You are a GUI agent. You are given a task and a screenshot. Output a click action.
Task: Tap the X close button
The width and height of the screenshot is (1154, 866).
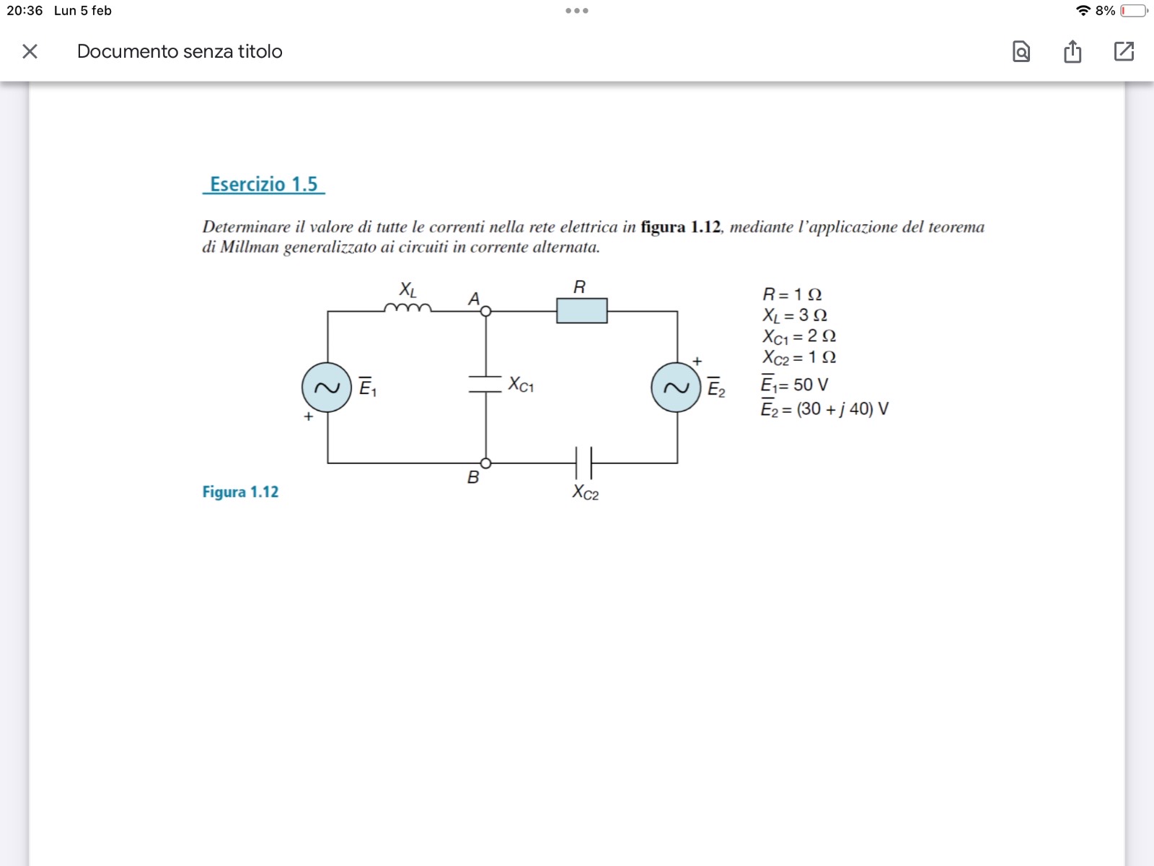(30, 51)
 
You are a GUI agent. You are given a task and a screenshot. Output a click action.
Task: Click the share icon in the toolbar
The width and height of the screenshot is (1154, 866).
(1072, 51)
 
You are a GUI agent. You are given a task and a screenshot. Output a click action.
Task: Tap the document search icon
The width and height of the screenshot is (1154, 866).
(1021, 51)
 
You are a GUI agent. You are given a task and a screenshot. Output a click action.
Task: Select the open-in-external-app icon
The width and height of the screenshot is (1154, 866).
(1124, 51)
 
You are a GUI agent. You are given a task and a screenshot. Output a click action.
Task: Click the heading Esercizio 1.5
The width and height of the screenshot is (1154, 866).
(263, 184)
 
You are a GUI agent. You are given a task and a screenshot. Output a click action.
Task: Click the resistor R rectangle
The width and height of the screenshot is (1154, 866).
(581, 310)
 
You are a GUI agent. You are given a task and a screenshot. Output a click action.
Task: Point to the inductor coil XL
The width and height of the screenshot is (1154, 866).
(408, 308)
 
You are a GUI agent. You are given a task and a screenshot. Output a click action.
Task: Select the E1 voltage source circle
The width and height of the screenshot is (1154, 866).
(327, 388)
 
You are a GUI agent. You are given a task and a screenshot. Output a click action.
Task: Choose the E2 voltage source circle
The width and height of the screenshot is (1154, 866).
(676, 388)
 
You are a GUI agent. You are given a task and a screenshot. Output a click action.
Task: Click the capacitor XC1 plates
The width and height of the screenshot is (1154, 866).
(485, 384)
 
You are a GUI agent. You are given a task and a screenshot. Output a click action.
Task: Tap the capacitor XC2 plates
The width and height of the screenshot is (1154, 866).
(583, 463)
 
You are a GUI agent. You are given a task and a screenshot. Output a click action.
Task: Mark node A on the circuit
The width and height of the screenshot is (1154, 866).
(486, 311)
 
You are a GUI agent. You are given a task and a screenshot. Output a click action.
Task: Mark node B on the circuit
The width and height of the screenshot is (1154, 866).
(486, 463)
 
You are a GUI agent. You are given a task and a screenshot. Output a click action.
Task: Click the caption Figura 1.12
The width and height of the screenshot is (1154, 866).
(240, 492)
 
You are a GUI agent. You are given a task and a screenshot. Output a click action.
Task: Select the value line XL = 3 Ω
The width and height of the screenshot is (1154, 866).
(795, 315)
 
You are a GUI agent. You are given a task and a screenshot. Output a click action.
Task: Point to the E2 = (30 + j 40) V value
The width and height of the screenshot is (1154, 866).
(824, 409)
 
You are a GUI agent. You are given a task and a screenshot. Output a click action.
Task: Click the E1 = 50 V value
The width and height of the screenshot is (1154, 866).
(794, 385)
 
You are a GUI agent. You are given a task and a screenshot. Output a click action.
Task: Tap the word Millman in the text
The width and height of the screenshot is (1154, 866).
(249, 248)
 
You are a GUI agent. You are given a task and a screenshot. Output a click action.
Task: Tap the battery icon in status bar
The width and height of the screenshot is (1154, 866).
(1135, 11)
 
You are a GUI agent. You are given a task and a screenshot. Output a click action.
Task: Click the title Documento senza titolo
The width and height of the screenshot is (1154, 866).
(180, 51)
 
